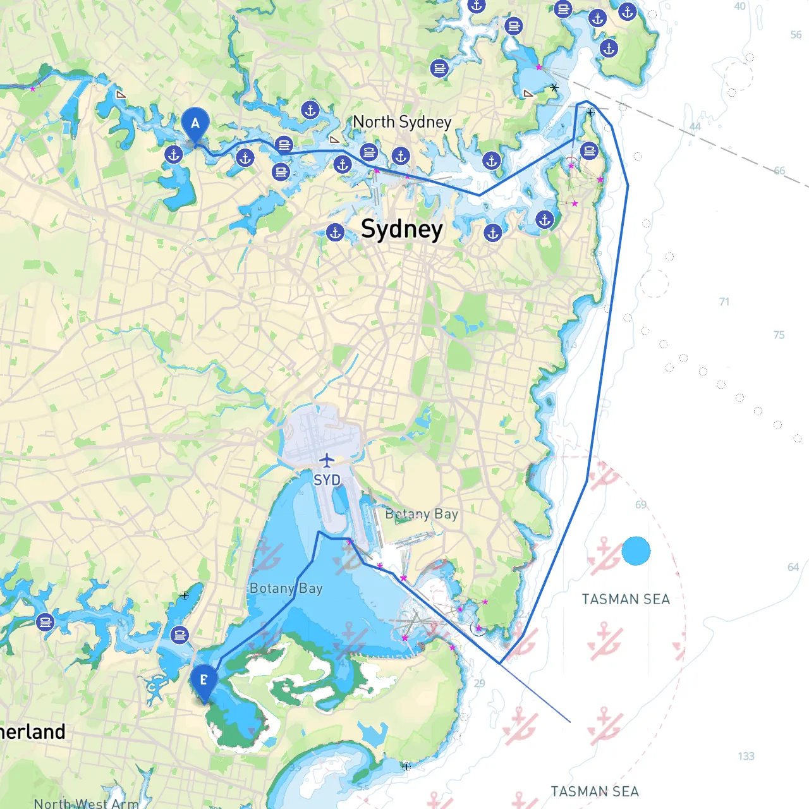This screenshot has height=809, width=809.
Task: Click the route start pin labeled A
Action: (x=195, y=123)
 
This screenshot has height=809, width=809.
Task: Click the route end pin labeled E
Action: (x=204, y=681)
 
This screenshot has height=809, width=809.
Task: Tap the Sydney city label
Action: (x=402, y=229)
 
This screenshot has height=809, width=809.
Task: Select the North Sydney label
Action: (x=402, y=121)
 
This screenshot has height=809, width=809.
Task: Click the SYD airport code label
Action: (x=327, y=480)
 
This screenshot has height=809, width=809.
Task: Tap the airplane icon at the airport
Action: (x=326, y=460)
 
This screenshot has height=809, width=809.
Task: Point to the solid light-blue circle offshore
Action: (x=636, y=551)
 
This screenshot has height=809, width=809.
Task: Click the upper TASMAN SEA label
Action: (x=626, y=599)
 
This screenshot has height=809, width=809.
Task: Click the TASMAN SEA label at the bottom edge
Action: (x=595, y=791)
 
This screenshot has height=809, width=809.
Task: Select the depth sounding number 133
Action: (x=746, y=756)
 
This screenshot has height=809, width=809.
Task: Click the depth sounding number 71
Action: (x=724, y=301)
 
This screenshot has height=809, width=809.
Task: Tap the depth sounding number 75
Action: (x=779, y=335)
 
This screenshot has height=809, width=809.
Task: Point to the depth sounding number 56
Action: (x=796, y=35)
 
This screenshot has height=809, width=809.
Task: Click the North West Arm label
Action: (x=86, y=803)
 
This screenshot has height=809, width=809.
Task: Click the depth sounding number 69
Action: (x=641, y=504)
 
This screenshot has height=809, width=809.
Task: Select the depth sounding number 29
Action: (x=480, y=683)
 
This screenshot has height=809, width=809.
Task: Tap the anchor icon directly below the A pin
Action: (x=174, y=154)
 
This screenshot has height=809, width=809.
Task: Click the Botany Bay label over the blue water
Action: (x=286, y=588)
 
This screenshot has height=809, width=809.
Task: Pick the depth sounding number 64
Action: (x=793, y=567)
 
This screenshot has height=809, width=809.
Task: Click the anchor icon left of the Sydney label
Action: (x=336, y=233)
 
